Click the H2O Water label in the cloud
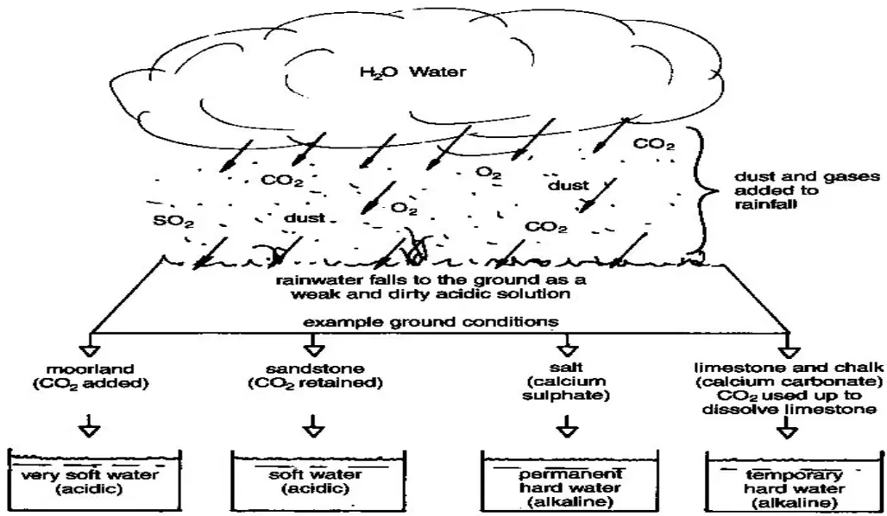tap(413, 72)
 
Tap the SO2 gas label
tap(173, 221)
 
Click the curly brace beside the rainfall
tap(703, 190)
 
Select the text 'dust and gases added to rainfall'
tap(808, 190)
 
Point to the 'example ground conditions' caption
tap(431, 322)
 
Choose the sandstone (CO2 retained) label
tap(315, 376)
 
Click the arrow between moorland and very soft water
tap(90, 425)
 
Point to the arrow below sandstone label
tap(313, 425)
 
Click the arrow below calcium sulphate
tap(566, 425)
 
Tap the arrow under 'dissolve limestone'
tap(787, 427)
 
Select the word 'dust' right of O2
tap(568, 185)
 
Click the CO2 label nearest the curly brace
tap(654, 144)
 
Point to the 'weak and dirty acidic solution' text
tap(431, 294)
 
